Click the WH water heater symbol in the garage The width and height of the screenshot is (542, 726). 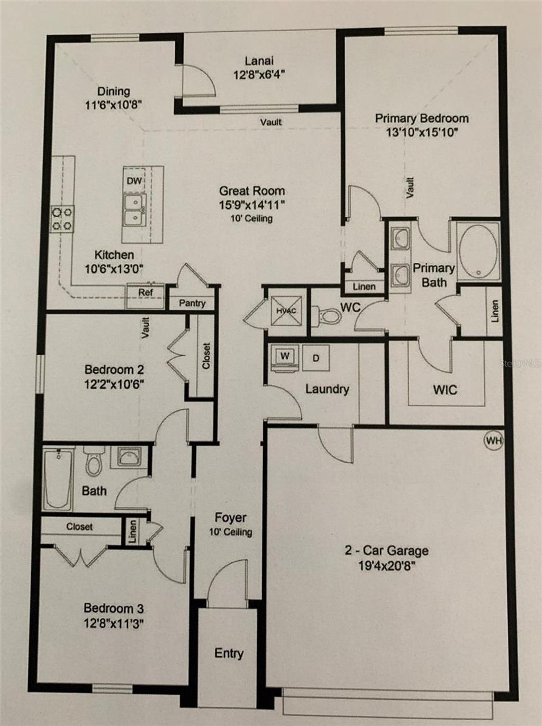pyautogui.click(x=493, y=440)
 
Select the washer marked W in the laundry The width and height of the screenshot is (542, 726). pyautogui.click(x=285, y=356)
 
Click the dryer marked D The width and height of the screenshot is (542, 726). pyautogui.click(x=315, y=358)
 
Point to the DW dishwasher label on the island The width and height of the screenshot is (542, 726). pyautogui.click(x=134, y=181)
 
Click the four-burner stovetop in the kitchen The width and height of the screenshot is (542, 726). pyautogui.click(x=62, y=219)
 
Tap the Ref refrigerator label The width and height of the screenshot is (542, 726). pyautogui.click(x=146, y=292)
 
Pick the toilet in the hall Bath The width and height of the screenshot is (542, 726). pyautogui.click(x=95, y=462)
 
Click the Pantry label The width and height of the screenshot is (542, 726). pyautogui.click(x=192, y=303)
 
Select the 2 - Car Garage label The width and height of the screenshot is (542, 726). pyautogui.click(x=386, y=550)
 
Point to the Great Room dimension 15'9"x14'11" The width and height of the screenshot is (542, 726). pyautogui.click(x=252, y=205)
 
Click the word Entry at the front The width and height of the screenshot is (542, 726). pyautogui.click(x=229, y=653)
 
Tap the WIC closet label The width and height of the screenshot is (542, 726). pyautogui.click(x=445, y=390)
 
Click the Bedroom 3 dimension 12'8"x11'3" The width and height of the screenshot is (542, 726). pyautogui.click(x=114, y=623)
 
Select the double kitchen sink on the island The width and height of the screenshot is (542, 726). pyautogui.click(x=134, y=209)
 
